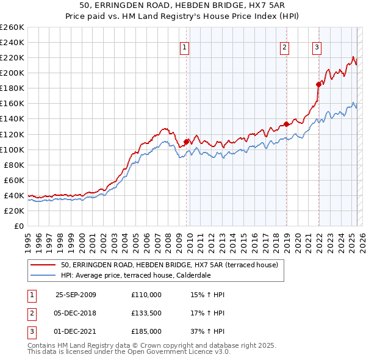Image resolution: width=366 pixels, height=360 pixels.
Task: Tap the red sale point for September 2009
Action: coord(186,142)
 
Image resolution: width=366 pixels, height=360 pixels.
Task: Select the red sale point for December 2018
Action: coord(286,124)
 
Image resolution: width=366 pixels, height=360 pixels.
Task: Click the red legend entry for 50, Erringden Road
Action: coord(169,265)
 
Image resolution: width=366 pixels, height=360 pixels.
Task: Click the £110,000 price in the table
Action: coord(146,295)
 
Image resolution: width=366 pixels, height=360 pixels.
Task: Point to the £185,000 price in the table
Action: coord(146,331)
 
